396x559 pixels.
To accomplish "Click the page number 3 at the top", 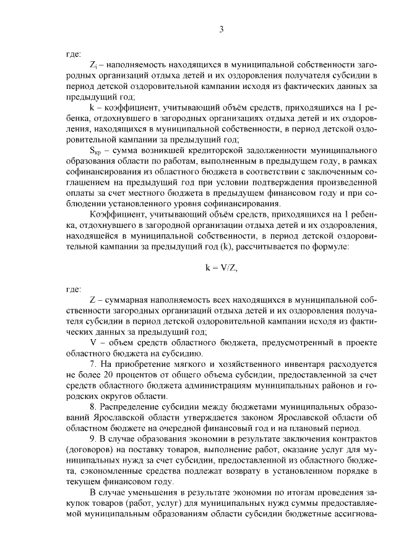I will pos(221,30).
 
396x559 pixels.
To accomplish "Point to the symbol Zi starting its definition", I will pos(93,64).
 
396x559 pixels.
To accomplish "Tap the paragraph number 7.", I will pos(93,364).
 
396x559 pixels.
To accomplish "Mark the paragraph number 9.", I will pos(93,440).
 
